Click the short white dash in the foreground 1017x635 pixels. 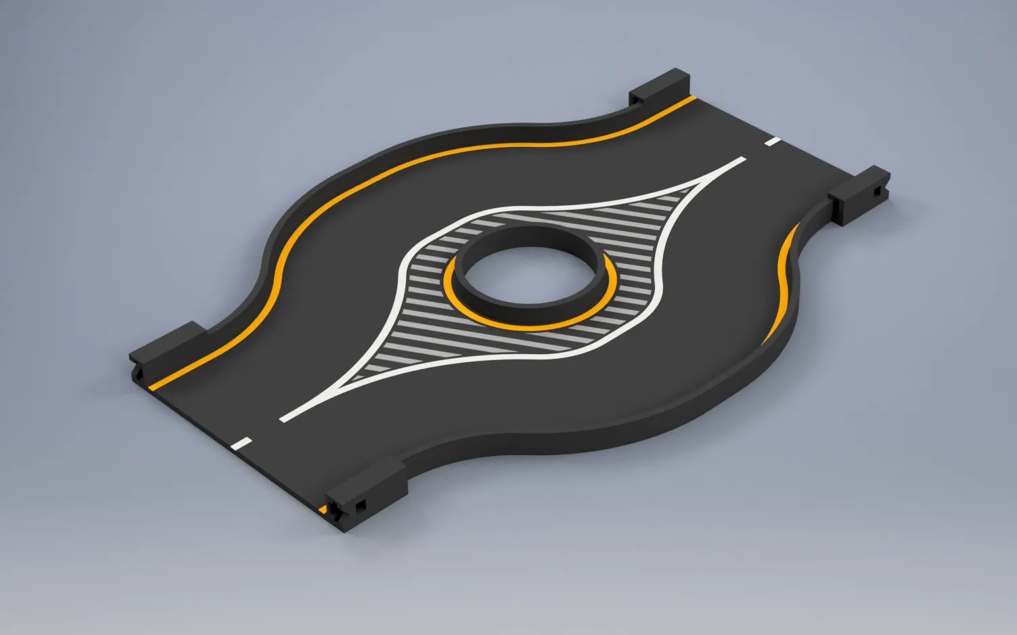tap(242, 444)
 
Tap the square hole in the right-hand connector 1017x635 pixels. tap(876, 192)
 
